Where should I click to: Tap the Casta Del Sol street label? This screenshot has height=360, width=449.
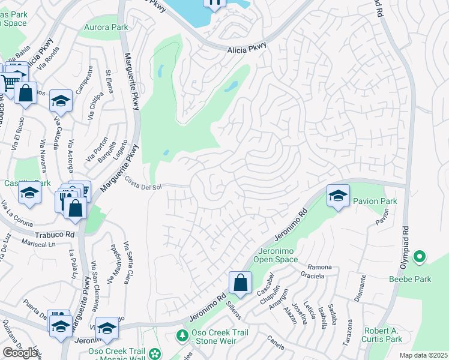(143, 183)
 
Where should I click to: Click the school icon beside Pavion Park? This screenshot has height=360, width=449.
(338, 196)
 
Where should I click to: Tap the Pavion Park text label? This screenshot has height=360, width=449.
(374, 201)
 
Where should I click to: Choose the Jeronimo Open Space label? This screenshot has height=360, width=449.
(278, 255)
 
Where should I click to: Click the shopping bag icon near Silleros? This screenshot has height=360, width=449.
(240, 282)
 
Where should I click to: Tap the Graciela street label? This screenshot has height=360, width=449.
(312, 276)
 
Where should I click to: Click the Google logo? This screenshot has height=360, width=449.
(20, 352)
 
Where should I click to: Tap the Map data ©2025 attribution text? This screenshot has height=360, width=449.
(423, 355)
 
